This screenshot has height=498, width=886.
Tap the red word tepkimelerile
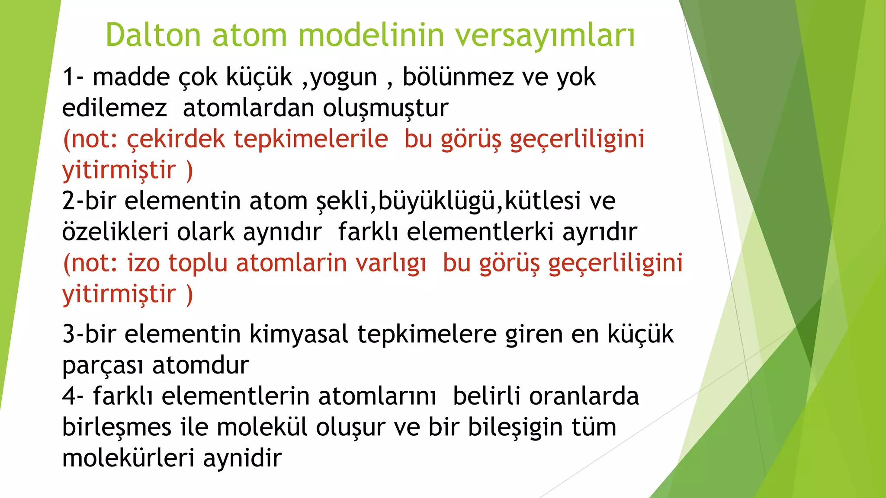[x=311, y=139]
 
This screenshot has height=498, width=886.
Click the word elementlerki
[x=481, y=232]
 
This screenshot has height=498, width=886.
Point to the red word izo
[x=143, y=263]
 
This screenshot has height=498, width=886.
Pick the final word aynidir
[x=242, y=458]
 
